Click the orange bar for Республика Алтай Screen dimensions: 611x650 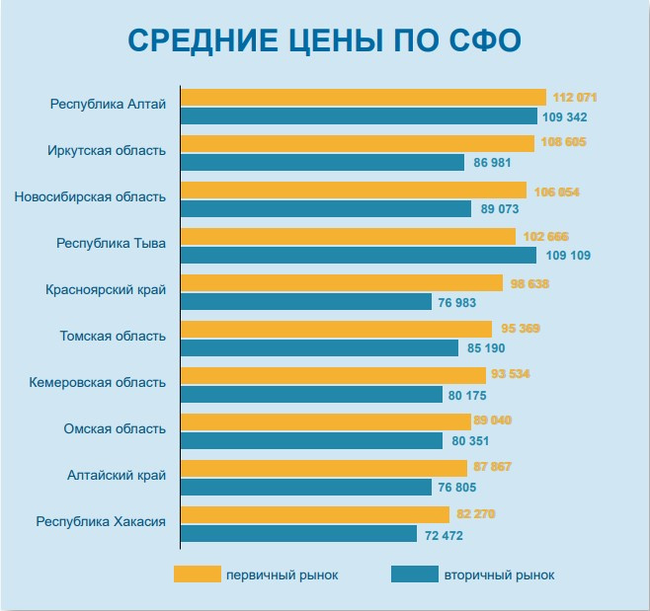363,97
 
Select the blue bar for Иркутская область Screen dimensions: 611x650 322,163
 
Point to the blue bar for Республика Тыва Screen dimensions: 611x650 358,256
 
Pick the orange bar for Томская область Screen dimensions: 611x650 336,329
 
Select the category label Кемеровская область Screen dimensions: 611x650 98,382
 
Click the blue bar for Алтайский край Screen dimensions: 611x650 305,487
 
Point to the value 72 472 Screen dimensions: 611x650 444,534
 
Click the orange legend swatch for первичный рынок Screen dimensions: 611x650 197,574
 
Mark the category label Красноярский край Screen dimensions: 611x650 106,289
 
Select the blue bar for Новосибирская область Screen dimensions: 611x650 326,209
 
